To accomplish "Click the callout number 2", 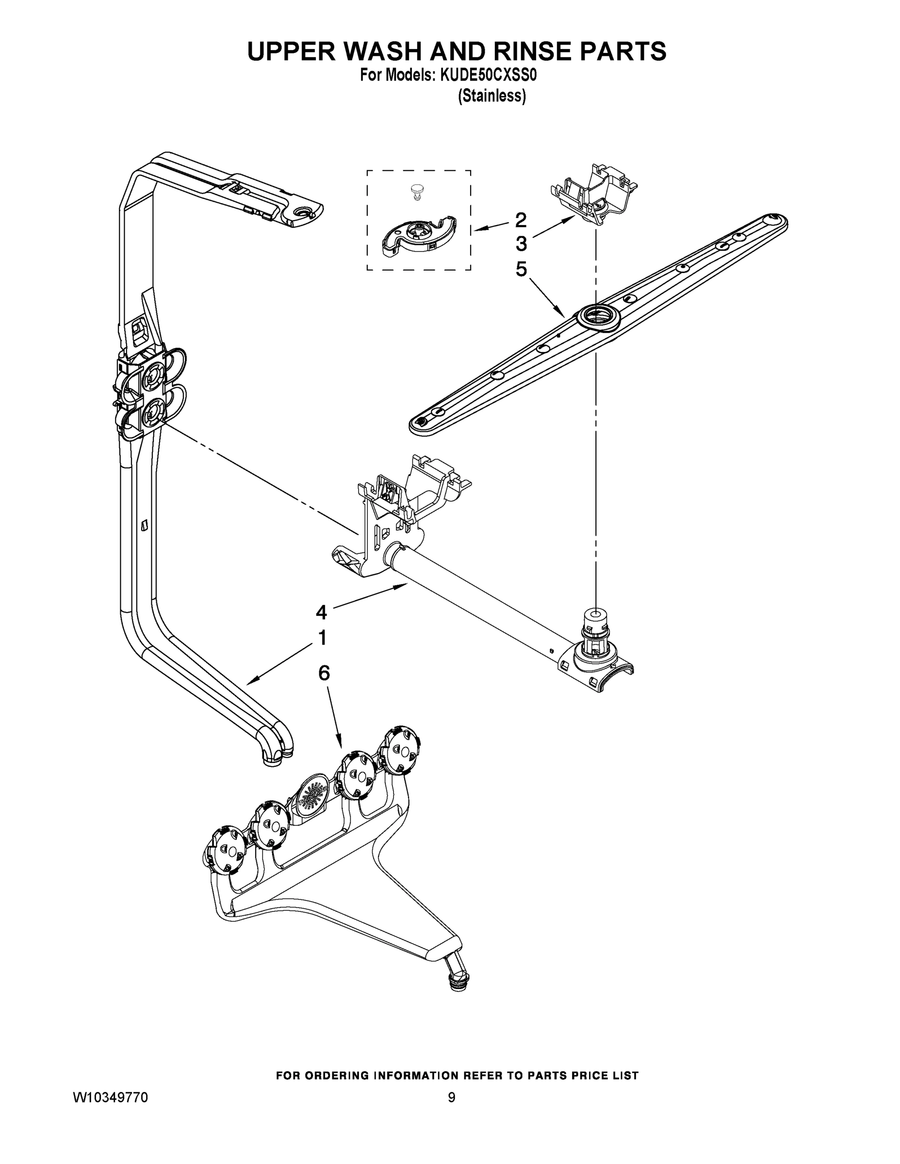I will click(521, 220).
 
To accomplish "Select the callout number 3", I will click(521, 244).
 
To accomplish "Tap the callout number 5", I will click(521, 269).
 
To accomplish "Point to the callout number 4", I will click(321, 613).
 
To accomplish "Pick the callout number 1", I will click(322, 637).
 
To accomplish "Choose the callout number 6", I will click(324, 673).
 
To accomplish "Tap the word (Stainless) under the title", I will click(492, 96).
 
